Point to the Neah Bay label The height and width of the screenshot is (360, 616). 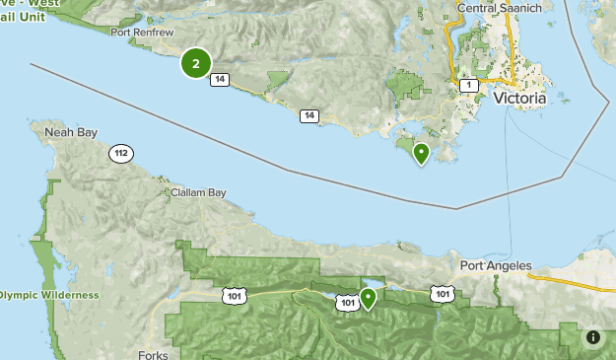click(x=66, y=129)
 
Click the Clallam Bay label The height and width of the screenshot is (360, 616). click(x=193, y=192)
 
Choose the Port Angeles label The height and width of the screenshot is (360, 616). click(x=495, y=265)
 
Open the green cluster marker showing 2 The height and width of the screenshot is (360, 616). click(x=196, y=64)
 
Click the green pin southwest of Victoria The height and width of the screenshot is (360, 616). click(x=421, y=153)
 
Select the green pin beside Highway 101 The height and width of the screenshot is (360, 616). click(x=369, y=297)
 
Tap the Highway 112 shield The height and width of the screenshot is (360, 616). click(x=121, y=154)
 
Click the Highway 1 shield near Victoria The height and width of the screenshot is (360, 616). click(x=469, y=86)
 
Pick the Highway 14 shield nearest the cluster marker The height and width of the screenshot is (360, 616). click(x=220, y=79)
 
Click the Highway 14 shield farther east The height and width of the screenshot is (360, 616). click(x=309, y=116)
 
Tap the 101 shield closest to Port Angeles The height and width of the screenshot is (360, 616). click(x=442, y=293)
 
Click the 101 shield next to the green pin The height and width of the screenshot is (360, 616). click(x=346, y=303)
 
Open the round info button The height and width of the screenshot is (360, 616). click(x=593, y=337)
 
